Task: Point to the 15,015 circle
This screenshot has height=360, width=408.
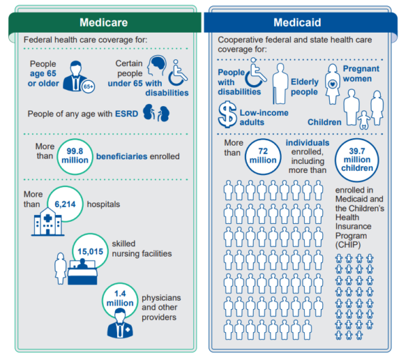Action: [91, 250]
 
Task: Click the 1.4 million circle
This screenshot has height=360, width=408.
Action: [120, 298]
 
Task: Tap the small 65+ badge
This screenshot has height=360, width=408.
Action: [88, 87]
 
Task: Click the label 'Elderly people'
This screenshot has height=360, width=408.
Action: [304, 86]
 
